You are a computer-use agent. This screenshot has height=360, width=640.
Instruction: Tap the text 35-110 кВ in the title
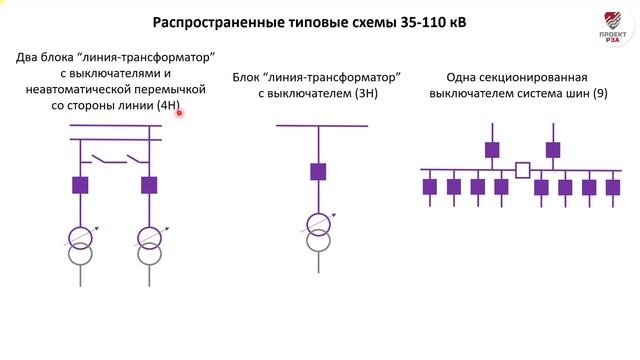click(x=426, y=23)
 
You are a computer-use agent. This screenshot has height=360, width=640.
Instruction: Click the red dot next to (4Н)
click(x=180, y=113)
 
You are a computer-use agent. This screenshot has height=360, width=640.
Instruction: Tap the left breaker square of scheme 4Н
click(x=81, y=185)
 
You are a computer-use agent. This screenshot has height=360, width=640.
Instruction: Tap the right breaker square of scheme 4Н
click(x=150, y=185)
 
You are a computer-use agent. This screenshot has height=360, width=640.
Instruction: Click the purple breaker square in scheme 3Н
click(x=318, y=171)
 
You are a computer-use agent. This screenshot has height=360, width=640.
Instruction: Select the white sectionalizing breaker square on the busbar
click(x=522, y=170)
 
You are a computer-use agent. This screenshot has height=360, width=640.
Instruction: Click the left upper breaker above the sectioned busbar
click(x=491, y=150)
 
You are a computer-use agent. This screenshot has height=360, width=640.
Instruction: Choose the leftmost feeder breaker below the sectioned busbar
click(x=430, y=186)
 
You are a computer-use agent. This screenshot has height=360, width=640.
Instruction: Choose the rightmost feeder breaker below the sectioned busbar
click(x=613, y=186)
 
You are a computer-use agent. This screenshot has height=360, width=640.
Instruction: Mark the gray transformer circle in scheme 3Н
click(x=318, y=242)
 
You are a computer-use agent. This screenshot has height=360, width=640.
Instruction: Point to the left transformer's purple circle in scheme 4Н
click(x=81, y=237)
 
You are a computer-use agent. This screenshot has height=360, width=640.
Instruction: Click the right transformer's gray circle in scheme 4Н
click(x=150, y=255)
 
